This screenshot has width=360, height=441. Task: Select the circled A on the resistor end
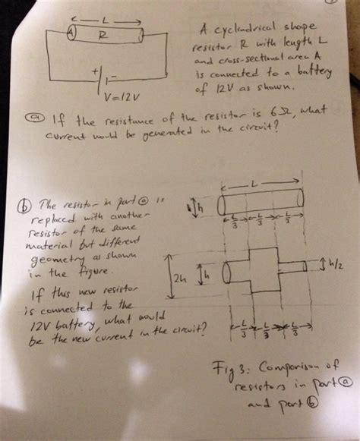(x=71, y=33)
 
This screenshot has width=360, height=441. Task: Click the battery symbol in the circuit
(x=106, y=78)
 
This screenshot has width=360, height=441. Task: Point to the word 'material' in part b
(x=43, y=245)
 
